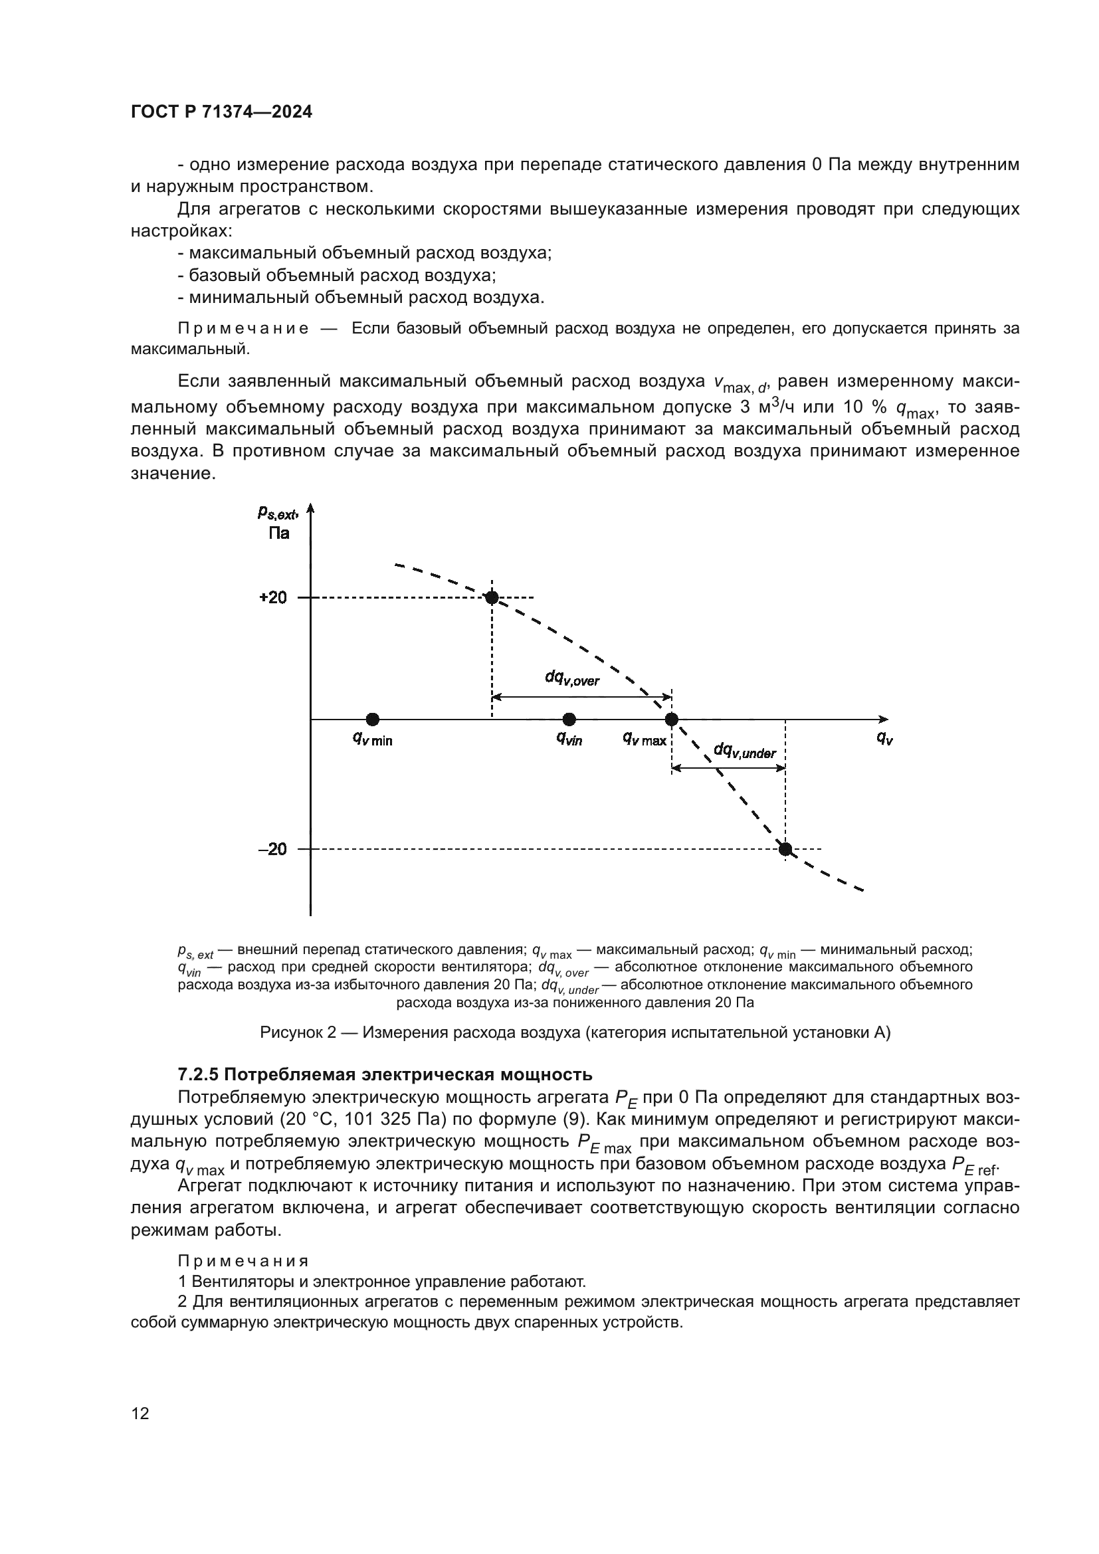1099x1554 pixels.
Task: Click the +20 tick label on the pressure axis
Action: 273,598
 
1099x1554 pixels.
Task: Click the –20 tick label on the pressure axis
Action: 273,848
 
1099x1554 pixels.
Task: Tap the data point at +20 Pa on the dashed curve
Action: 492,598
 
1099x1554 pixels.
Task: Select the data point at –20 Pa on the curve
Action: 785,848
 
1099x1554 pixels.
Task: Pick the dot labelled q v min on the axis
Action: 372,719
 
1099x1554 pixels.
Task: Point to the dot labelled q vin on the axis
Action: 569,719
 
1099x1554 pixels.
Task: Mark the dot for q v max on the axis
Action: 671,719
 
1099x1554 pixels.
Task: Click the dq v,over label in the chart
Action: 572,678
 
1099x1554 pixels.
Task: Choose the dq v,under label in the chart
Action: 744,751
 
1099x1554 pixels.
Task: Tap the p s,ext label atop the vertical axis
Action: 278,513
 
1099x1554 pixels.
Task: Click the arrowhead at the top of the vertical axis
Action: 310,508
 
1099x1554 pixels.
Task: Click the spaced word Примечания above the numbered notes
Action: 243,1261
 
